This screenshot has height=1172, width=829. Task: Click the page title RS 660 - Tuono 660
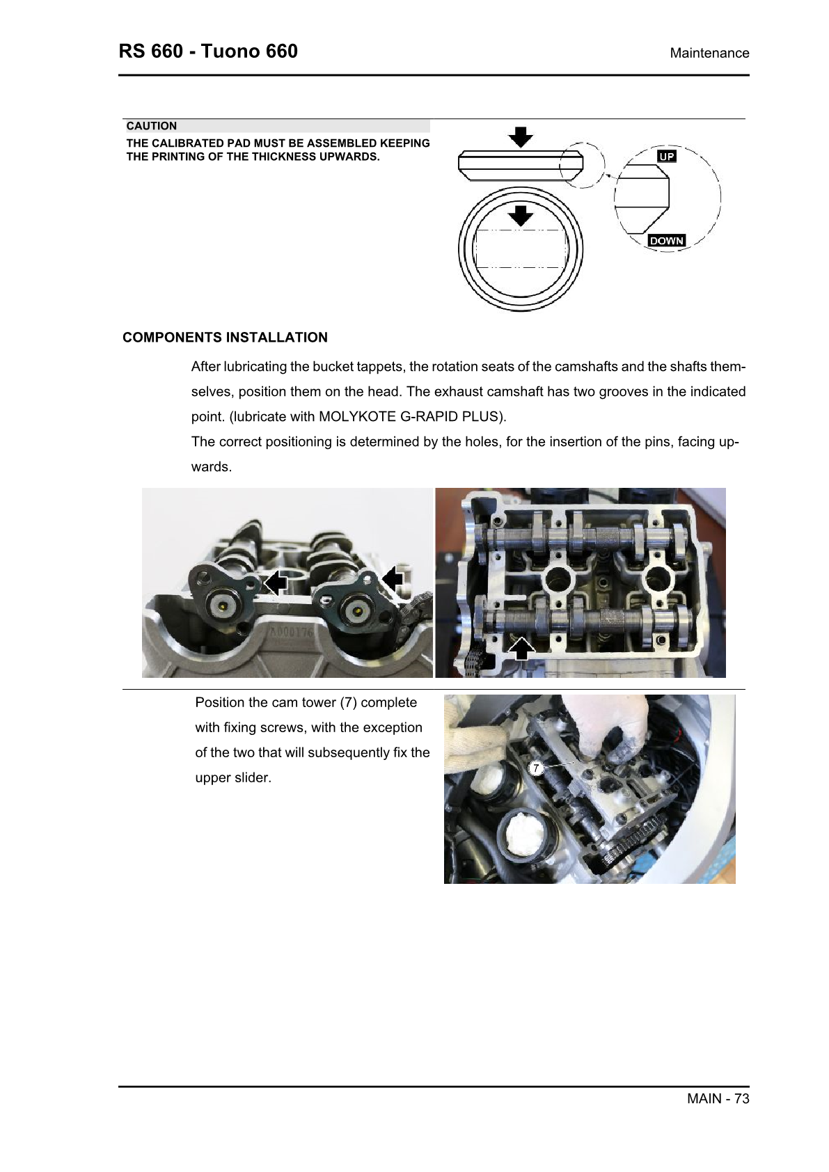[208, 52]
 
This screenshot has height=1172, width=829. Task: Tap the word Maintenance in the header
[709, 54]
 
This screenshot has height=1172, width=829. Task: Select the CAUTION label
[152, 126]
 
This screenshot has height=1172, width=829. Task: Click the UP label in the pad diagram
[667, 157]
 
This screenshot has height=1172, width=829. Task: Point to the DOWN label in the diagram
[667, 241]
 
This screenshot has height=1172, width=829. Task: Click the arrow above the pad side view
[521, 136]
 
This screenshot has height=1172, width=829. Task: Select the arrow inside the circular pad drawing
[521, 215]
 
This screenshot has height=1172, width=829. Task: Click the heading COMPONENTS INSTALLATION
[225, 338]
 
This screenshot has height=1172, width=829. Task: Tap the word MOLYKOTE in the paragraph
[357, 417]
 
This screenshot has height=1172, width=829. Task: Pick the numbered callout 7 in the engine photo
[536, 768]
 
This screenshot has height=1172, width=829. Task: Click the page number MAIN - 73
[718, 1098]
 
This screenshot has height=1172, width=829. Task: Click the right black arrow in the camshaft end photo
[393, 578]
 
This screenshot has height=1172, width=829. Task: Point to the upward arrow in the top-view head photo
[521, 649]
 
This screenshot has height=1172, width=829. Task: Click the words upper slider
[232, 778]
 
